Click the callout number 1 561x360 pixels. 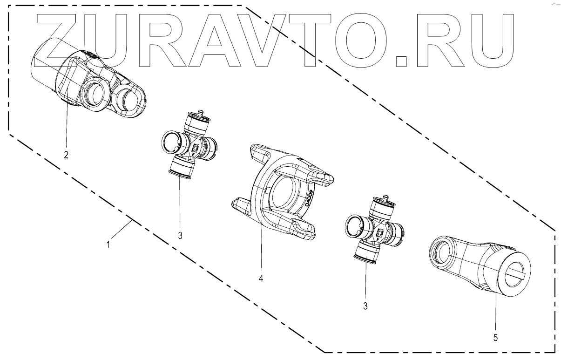click(x=108, y=244)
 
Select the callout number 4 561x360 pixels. click(x=261, y=278)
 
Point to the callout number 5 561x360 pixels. click(x=495, y=337)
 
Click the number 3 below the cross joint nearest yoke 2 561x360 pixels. click(x=180, y=235)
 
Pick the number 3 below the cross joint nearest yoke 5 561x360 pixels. click(x=365, y=306)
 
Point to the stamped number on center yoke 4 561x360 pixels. click(x=310, y=198)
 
